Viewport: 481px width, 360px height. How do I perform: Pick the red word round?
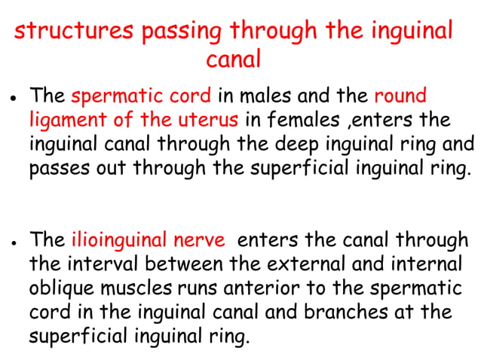coord(400,97)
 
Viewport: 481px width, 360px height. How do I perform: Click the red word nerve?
coord(203,241)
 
